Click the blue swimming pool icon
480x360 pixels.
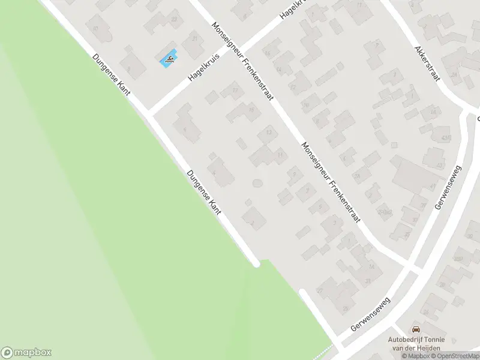[x=169, y=58]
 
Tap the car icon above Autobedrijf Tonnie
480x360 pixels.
[x=415, y=329]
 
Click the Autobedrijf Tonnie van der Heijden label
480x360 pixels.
[x=415, y=343]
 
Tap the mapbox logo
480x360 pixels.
[x=26, y=353]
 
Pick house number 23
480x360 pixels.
[x=175, y=19]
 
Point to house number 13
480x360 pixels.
[x=269, y=133]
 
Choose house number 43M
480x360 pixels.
[x=445, y=138]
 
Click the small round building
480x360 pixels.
[x=257, y=182]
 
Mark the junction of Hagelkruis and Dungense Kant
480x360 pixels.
[x=150, y=113]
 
